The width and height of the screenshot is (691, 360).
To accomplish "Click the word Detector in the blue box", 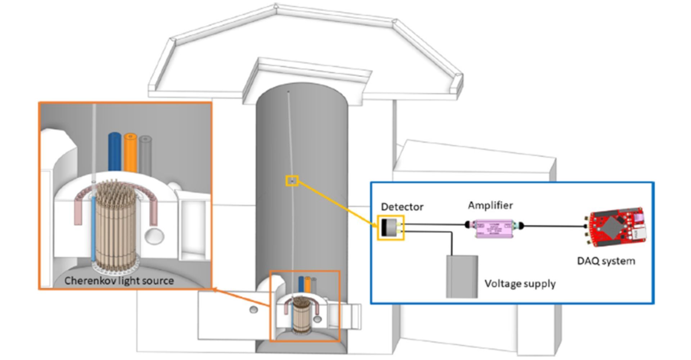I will tap(402, 207).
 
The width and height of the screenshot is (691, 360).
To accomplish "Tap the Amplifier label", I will tap(490, 206).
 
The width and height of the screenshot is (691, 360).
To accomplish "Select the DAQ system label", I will tap(606, 261).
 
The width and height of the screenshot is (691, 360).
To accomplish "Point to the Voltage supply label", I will tap(520, 284).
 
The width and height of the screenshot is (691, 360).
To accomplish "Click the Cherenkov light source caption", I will tap(119, 281).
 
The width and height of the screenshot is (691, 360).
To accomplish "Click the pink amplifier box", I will tap(494, 229).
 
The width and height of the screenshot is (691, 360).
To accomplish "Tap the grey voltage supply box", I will tap(462, 276).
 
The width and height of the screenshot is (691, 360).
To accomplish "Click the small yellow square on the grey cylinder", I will tap(292, 181).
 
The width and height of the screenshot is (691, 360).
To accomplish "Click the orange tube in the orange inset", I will tap(130, 153).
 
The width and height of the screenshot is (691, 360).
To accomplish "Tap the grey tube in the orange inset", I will tap(145, 154).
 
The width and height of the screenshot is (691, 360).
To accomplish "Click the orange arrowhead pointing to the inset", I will tap(215, 289).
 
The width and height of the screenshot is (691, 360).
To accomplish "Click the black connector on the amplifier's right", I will tap(521, 226).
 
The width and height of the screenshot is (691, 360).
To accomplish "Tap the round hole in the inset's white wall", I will tap(154, 237).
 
